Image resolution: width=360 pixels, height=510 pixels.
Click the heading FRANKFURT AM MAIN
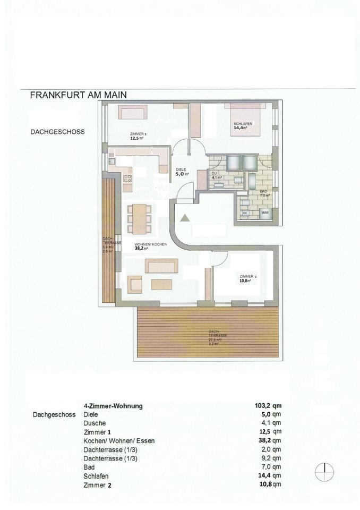[x=78, y=96]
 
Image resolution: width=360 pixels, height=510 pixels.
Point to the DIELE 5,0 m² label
[x=182, y=171]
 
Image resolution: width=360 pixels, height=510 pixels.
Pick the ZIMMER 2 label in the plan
[x=248, y=279]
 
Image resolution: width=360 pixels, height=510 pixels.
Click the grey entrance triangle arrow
[x=184, y=217]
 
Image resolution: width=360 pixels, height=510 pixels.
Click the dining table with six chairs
[x=140, y=219]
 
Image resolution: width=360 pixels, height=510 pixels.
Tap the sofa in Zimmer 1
[x=133, y=112]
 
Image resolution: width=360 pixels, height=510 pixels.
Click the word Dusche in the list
[x=95, y=423]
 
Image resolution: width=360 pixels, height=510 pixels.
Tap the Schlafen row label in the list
[x=97, y=476]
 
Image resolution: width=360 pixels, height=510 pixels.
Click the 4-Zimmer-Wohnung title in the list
[x=113, y=406]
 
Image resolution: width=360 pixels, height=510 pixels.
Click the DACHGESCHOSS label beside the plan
[x=58, y=131]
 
